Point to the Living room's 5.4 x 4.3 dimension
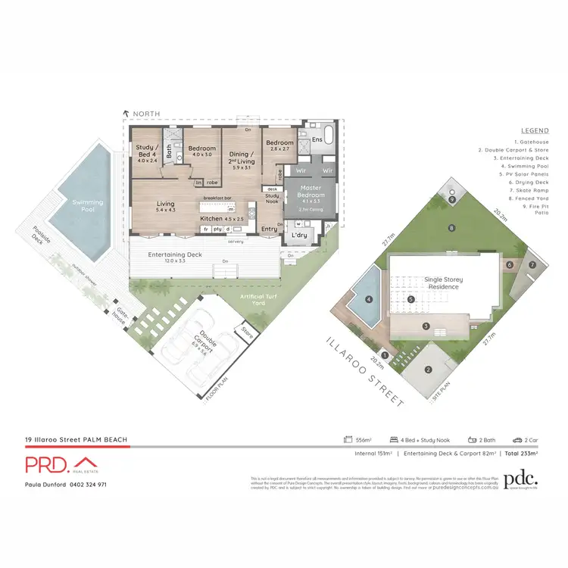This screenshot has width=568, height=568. (x=165, y=210)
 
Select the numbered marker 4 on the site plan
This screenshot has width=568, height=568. (x=369, y=300)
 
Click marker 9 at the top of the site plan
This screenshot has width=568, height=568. (x=452, y=200)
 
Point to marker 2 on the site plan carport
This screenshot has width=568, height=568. (x=428, y=370)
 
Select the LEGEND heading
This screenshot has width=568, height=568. (x=535, y=130)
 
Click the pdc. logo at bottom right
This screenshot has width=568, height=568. (x=521, y=479)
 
